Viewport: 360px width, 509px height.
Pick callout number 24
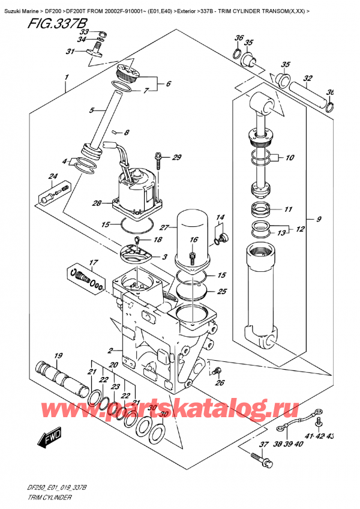tap(53, 176)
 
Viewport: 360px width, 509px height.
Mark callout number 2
tap(110, 351)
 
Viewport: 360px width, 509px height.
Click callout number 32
tap(308, 78)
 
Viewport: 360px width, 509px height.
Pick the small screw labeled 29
tap(158, 160)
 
